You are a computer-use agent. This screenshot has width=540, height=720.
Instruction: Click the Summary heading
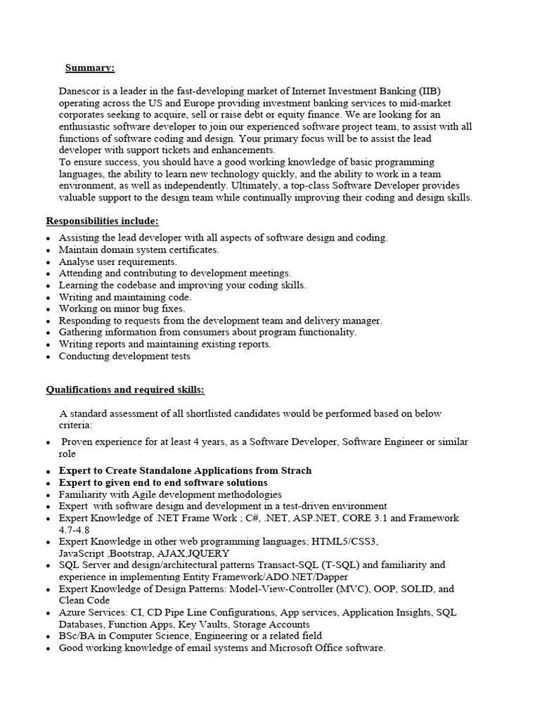[x=90, y=67]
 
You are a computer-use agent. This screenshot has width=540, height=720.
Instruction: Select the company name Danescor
[x=83, y=91]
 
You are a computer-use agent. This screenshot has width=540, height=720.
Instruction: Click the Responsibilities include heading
[x=103, y=221]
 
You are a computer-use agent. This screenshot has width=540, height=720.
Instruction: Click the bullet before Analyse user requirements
[x=48, y=262]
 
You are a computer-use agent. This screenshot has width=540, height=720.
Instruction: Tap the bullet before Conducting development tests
[x=48, y=356]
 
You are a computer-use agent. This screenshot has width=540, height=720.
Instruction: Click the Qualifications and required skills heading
[x=126, y=390]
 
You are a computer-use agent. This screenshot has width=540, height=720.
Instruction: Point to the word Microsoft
[x=295, y=648]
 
